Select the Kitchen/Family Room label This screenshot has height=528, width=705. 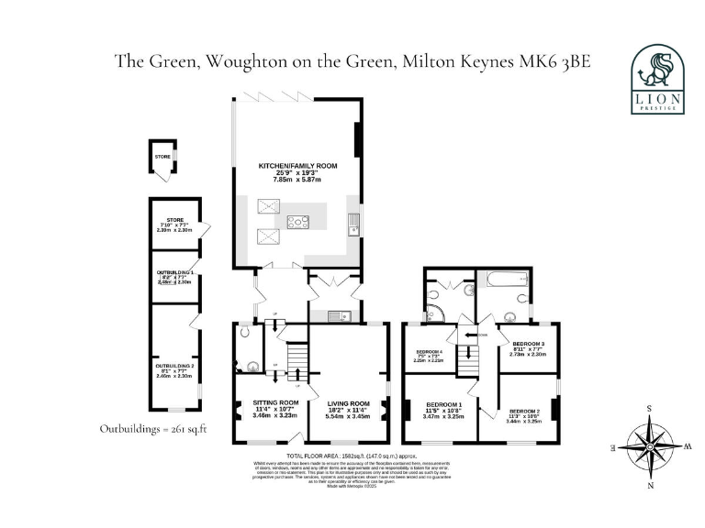coord(297,172)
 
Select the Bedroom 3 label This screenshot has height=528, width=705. coord(529,349)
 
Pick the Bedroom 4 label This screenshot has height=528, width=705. coord(429,356)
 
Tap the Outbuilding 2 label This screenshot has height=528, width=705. coord(174,369)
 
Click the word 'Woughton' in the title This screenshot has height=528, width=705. coord(241,61)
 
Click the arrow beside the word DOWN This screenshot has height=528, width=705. coord(471,335)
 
